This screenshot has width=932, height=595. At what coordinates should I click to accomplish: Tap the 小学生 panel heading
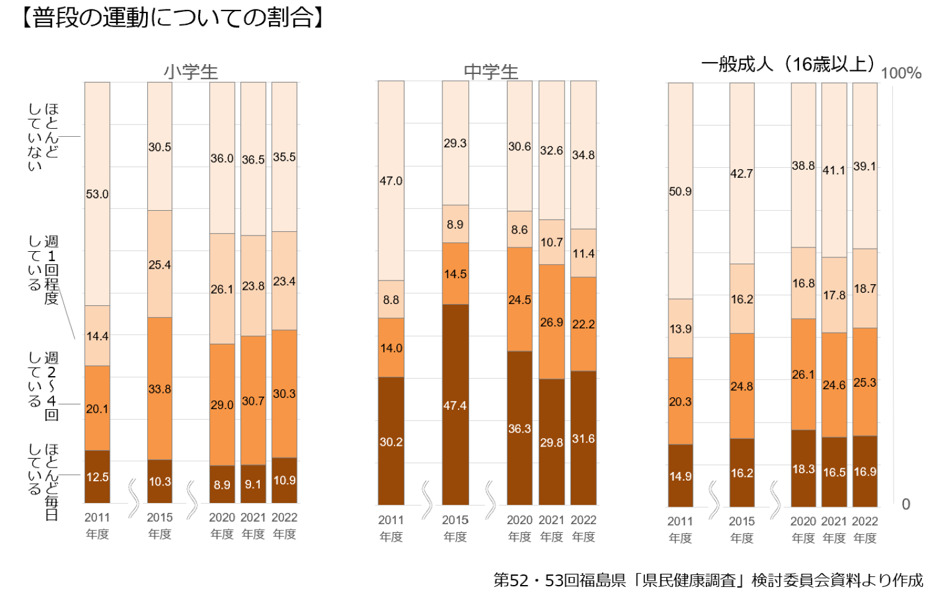pos(191,71)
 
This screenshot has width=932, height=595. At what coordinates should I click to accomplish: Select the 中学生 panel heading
pos(491,71)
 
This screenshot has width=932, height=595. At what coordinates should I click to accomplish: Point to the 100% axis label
pos(901,73)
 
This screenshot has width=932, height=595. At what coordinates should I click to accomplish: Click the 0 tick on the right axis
pos(906,504)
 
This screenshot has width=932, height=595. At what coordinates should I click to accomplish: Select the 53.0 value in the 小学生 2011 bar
pos(97,194)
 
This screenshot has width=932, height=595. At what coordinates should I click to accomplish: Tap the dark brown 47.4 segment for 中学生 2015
pos(455,405)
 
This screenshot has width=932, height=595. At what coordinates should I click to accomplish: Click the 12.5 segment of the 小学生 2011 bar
pos(97,477)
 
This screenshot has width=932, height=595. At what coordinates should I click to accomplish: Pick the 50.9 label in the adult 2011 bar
pos(680,191)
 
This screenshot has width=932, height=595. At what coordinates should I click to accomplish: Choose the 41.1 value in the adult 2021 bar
pos(834,170)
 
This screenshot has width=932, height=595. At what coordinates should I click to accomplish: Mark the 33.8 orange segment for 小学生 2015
pos(160,389)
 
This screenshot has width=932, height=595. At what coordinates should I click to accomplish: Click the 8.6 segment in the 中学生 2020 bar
pos(519,229)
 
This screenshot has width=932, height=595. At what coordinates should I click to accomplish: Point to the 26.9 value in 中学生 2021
pos(551,322)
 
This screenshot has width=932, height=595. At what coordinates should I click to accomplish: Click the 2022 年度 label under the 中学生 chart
pos(583,528)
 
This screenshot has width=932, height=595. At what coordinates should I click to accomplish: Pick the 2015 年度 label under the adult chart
pos(742,529)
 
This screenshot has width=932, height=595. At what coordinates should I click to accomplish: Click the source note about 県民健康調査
pos(708,579)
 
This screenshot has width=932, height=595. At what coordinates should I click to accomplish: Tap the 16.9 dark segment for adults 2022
pos(865,471)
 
